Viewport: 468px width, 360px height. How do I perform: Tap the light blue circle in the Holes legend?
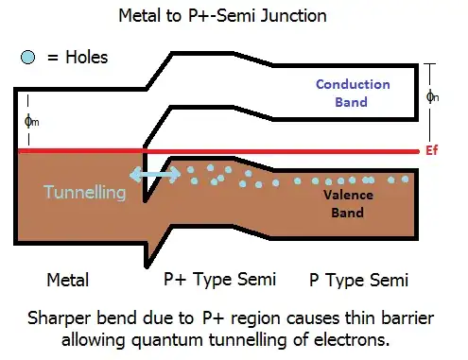pos(28,57)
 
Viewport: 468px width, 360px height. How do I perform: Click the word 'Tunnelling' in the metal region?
pos(84,192)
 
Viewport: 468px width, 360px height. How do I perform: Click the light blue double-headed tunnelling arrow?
pos(155,177)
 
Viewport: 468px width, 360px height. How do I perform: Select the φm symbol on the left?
pos(35,120)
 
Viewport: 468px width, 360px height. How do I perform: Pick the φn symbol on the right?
pos(434,95)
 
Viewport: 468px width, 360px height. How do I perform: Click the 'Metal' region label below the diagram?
pos(68,281)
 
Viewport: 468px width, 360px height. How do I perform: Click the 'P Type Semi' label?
pos(358,281)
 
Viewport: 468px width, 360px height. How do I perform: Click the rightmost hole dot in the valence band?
pos(406,178)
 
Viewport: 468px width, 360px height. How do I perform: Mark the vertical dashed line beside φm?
pos(27,120)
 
